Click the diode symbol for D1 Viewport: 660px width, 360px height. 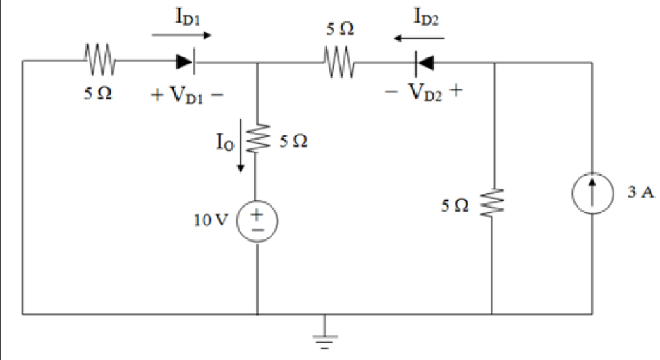tap(185, 62)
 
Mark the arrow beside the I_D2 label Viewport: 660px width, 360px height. tap(419, 39)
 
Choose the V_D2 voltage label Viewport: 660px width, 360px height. tap(424, 93)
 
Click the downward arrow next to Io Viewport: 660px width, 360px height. tap(241, 158)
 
